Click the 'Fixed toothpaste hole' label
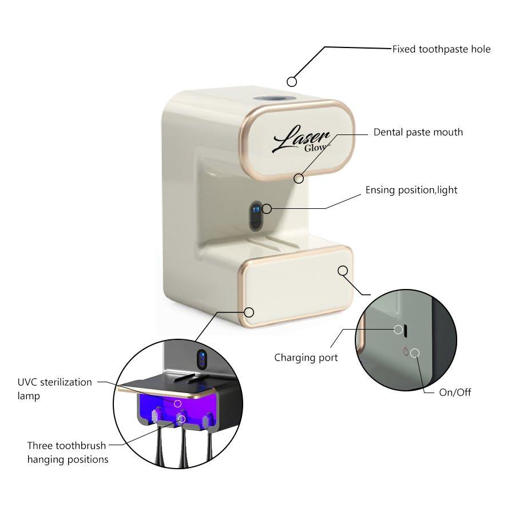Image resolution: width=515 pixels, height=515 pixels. [441, 49]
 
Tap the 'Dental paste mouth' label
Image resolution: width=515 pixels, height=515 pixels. [418, 132]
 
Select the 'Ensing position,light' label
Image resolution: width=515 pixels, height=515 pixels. [411, 190]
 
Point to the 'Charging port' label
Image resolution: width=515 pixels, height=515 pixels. [306, 358]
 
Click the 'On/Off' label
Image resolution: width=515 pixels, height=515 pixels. [455, 393]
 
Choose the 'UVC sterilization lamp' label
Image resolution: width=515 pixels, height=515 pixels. [54, 389]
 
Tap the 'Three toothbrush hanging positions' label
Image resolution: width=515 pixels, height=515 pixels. [68, 452]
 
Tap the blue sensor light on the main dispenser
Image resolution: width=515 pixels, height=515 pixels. [256, 209]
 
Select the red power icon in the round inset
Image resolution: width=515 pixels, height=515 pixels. [406, 351]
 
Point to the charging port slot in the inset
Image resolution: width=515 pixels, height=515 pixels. [406, 330]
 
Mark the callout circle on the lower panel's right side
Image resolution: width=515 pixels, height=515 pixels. [343, 271]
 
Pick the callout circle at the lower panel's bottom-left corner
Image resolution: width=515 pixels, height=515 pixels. [249, 312]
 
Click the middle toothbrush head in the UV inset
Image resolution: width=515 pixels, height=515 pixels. [182, 417]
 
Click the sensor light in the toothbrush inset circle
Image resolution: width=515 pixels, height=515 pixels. [201, 359]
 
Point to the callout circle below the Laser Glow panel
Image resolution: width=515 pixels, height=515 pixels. [299, 178]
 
